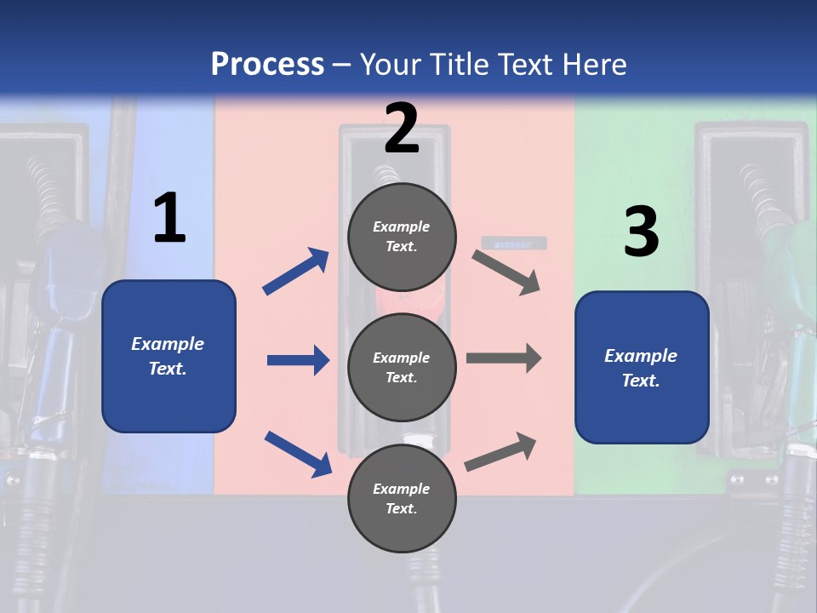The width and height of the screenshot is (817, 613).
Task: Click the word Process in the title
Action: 267,65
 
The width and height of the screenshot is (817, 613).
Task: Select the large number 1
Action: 169,219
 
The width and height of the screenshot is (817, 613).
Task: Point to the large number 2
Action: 402,129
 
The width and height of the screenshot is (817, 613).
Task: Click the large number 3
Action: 641,232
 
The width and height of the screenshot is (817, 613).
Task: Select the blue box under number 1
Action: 169,356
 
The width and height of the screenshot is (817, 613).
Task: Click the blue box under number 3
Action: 642,368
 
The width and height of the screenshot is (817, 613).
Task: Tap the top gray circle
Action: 402,237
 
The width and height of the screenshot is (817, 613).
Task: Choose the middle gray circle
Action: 402,367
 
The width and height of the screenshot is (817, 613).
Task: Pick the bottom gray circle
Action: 402,498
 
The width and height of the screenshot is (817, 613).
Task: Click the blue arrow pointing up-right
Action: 296,272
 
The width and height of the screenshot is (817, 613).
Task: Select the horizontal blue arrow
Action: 298,360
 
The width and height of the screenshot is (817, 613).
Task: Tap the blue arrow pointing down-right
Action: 298,454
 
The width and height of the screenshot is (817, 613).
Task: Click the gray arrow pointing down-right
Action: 506,272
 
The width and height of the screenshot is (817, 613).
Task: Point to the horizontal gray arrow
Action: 504,358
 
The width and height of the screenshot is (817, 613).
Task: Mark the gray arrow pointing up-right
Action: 500,452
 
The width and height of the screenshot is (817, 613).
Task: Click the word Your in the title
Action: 391,65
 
